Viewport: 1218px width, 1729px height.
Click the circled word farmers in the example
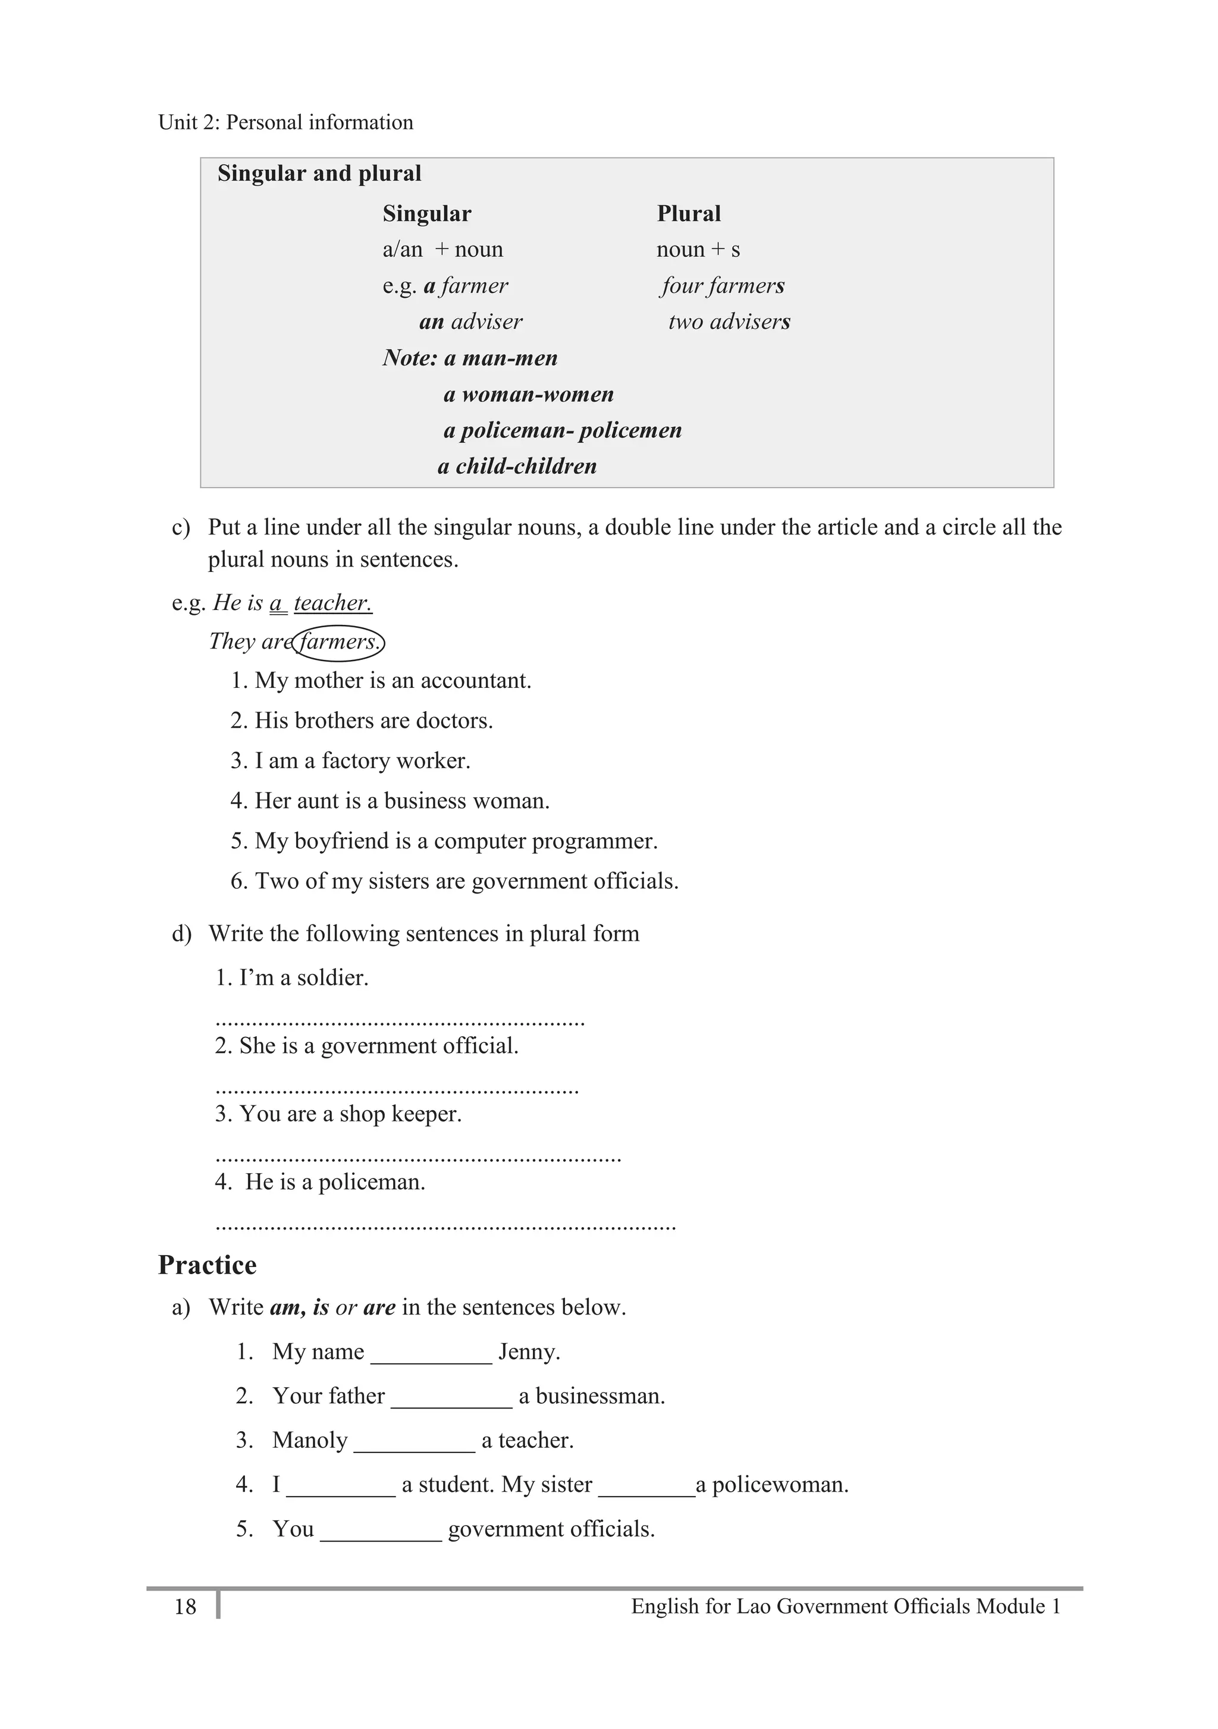338,642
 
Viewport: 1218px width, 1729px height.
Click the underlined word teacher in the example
332,603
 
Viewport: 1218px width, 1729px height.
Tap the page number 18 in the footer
186,1607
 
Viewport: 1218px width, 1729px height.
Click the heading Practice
207,1265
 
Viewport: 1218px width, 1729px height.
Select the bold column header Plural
689,214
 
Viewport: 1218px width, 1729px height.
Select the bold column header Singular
426,214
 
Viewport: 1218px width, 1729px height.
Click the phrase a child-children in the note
517,466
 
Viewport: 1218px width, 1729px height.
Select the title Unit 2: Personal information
285,122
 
